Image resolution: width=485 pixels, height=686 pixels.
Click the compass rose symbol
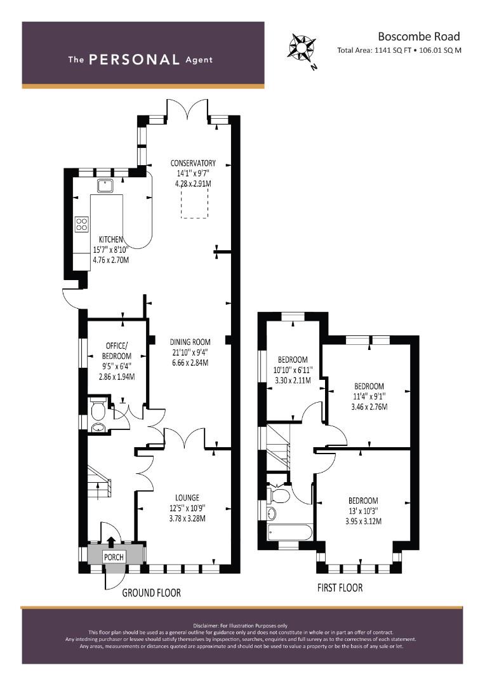click(301, 47)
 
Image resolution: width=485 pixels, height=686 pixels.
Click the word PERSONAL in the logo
click(134, 60)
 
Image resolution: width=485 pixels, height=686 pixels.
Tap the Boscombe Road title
click(418, 36)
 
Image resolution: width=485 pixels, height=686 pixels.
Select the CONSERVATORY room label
click(193, 163)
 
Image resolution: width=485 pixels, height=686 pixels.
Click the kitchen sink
click(105, 186)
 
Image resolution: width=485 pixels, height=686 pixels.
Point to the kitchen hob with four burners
click(82, 224)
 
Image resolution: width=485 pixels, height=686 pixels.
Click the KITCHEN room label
click(110, 239)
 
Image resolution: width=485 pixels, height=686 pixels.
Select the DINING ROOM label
click(190, 342)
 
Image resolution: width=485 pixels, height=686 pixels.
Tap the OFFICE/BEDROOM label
click(116, 351)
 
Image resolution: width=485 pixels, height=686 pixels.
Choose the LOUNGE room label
click(187, 497)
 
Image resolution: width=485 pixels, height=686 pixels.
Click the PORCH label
click(114, 557)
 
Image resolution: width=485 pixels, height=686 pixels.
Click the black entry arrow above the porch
click(111, 542)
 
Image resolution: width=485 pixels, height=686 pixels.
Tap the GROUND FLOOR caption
click(151, 593)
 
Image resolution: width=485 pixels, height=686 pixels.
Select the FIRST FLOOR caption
click(340, 588)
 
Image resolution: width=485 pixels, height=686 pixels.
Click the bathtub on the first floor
click(289, 532)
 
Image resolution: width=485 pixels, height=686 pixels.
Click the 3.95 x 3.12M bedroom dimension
click(363, 521)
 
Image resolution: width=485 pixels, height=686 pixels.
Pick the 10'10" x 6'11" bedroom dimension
click(293, 370)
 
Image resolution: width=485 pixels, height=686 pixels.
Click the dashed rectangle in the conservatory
click(195, 200)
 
